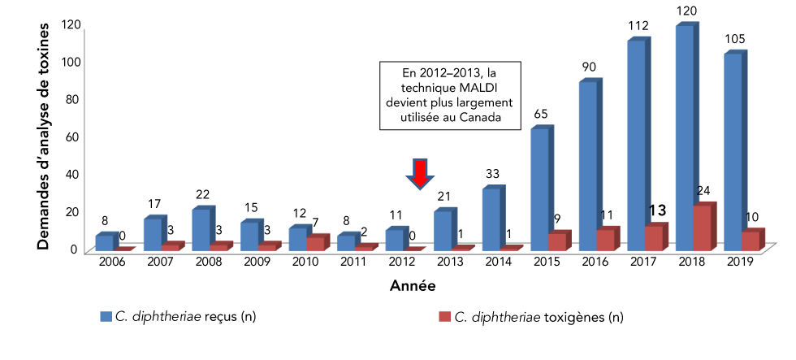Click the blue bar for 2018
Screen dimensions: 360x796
pyautogui.click(x=684, y=138)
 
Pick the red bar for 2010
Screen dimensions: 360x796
pyautogui.click(x=316, y=243)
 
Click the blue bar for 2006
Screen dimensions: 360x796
pyautogui.click(x=105, y=243)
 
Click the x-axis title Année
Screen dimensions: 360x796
pyautogui.click(x=412, y=286)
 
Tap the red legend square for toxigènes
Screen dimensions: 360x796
pyautogui.click(x=443, y=315)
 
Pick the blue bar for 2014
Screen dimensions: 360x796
pyautogui.click(x=491, y=219)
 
